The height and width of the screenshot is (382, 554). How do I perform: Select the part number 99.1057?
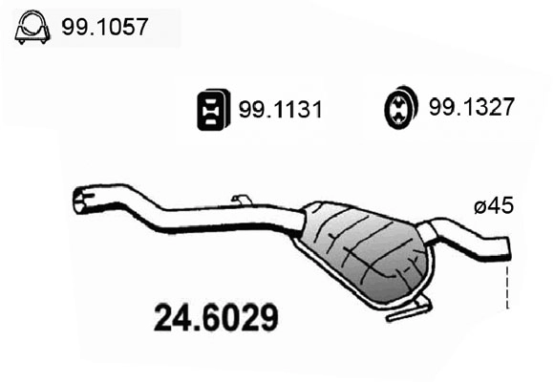[105, 28]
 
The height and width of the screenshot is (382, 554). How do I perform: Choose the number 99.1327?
[473, 108]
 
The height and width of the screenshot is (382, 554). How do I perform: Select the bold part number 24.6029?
[216, 316]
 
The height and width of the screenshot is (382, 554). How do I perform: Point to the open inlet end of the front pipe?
[80, 200]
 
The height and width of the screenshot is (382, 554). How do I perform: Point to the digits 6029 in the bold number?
[239, 316]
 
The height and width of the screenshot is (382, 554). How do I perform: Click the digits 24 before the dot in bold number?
[172, 316]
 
